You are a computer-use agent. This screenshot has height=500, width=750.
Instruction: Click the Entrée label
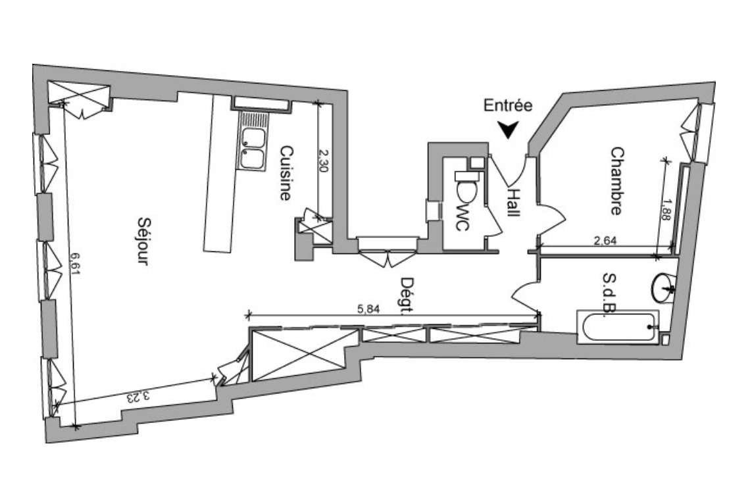point(508,105)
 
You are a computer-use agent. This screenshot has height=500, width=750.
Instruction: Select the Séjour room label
point(141,241)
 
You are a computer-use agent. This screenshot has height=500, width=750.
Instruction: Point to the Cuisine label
point(286,173)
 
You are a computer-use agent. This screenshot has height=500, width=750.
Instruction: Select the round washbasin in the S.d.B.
point(664,287)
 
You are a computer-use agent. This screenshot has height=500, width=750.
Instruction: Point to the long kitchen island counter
point(219,174)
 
